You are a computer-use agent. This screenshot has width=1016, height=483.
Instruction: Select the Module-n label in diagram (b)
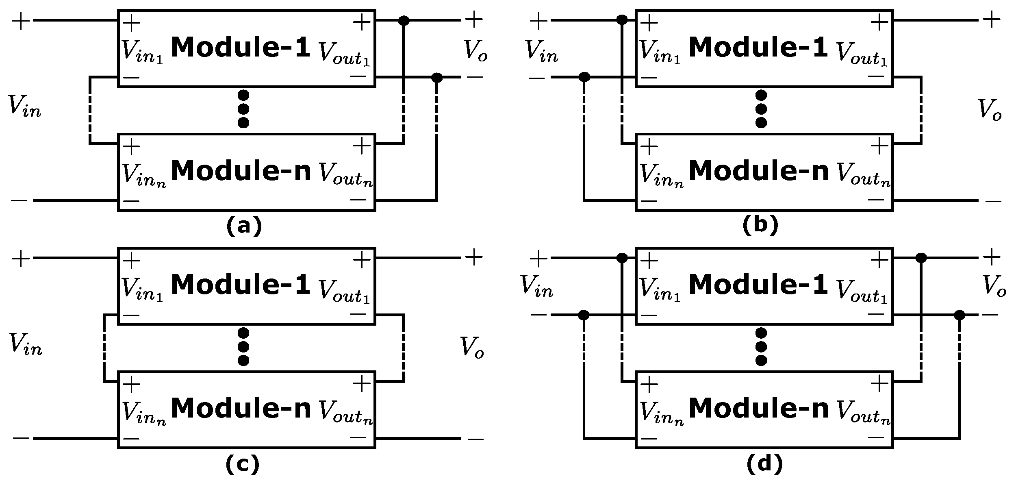pyautogui.click(x=759, y=171)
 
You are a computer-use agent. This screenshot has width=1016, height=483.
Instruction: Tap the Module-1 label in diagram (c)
pyautogui.click(x=241, y=285)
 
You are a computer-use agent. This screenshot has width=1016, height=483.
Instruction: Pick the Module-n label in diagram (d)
pyautogui.click(x=759, y=409)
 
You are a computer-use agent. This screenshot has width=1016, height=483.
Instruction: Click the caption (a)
pyautogui.click(x=244, y=226)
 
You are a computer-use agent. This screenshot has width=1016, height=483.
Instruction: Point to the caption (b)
pyautogui.click(x=760, y=226)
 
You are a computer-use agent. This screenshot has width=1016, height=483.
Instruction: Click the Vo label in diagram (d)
pyautogui.click(x=994, y=286)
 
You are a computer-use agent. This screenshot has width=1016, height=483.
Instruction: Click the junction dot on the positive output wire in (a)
pyautogui.click(x=403, y=20)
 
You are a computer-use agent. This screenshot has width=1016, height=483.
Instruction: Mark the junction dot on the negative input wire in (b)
pyautogui.click(x=584, y=76)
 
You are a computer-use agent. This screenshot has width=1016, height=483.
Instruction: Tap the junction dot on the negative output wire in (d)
pyautogui.click(x=960, y=315)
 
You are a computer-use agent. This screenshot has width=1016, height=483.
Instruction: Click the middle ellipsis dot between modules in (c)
pyautogui.click(x=243, y=346)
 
